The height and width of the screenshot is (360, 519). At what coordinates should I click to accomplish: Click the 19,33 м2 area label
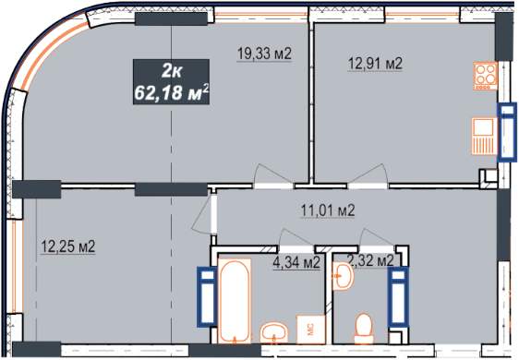pyautogui.click(x=264, y=54)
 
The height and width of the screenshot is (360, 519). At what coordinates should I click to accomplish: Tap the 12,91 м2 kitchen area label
pyautogui.click(x=375, y=63)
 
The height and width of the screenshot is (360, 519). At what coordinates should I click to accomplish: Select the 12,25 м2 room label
pyautogui.click(x=67, y=246)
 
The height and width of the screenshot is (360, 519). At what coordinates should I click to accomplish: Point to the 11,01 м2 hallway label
pyautogui.click(x=328, y=210)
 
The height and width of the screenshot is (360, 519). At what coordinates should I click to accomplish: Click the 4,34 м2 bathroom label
pyautogui.click(x=296, y=263)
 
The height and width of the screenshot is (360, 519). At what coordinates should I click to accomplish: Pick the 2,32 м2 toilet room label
pyautogui.click(x=370, y=260)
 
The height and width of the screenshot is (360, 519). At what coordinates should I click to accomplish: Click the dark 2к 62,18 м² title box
pyautogui.click(x=171, y=82)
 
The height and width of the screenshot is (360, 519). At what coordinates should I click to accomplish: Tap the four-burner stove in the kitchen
pyautogui.click(x=486, y=76)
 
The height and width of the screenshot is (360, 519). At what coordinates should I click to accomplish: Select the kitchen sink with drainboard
pyautogui.click(x=485, y=136)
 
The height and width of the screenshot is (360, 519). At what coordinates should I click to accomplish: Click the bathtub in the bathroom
pyautogui.click(x=235, y=301)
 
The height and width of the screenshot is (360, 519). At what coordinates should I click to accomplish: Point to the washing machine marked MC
pyautogui.click(x=310, y=330)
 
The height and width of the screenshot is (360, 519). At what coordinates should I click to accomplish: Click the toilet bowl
pyautogui.click(x=364, y=329)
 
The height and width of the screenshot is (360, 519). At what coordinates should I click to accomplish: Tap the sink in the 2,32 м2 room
pyautogui.click(x=344, y=276)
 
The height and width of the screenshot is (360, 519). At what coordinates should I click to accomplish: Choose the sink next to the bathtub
pyautogui.click(x=274, y=332)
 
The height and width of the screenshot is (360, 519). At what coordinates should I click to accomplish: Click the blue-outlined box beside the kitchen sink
pyautogui.click(x=507, y=132)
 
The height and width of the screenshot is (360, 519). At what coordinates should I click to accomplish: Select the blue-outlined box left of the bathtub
pyautogui.click(x=207, y=297)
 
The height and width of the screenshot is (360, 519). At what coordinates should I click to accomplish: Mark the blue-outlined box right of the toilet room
pyautogui.click(x=399, y=297)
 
